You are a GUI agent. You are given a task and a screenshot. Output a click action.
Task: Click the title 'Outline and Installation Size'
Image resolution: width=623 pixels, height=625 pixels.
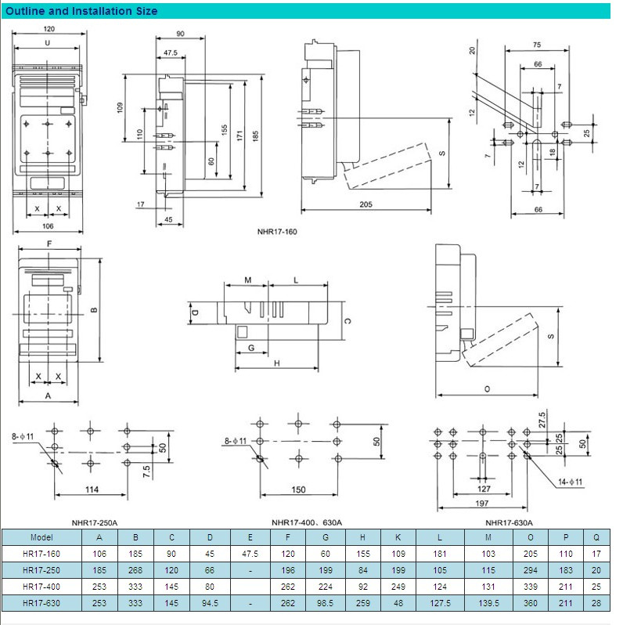(81, 11)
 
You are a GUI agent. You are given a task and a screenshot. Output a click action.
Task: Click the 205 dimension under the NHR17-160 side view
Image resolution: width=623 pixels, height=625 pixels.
(366, 204)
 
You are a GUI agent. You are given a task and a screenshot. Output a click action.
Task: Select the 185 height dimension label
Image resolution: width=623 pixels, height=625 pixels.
(255, 136)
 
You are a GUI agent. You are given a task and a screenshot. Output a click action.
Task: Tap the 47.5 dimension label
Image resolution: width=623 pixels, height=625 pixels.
(171, 52)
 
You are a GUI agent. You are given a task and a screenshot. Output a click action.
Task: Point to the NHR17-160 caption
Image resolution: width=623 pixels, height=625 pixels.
(277, 232)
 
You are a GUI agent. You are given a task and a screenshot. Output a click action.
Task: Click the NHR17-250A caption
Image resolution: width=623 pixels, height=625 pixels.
(95, 522)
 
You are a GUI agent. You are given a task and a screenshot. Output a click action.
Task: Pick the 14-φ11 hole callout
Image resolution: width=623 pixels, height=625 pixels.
(570, 482)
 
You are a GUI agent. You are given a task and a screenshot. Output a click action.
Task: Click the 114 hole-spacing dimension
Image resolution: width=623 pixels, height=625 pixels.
(92, 490)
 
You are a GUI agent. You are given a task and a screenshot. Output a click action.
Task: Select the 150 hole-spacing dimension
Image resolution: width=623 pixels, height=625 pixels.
(298, 490)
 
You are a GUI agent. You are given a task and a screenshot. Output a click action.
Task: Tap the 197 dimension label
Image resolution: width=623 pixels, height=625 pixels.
(482, 503)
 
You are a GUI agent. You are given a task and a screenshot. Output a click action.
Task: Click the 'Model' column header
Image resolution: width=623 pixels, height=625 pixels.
(41, 537)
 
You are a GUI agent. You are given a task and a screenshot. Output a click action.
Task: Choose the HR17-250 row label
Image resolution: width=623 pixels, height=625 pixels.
(41, 570)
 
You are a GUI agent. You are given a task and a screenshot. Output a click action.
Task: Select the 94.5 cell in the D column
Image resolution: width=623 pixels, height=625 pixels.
(210, 603)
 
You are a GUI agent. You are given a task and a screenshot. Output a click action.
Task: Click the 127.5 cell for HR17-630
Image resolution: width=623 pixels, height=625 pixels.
(440, 603)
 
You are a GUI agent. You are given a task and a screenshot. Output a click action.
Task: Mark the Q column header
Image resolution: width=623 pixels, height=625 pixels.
(596, 537)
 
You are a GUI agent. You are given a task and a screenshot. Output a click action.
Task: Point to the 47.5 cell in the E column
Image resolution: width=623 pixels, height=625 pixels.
(250, 554)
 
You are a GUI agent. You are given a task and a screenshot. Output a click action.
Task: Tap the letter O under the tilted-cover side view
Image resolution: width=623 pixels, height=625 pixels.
(487, 389)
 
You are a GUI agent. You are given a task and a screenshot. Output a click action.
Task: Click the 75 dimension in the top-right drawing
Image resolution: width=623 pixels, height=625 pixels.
(537, 45)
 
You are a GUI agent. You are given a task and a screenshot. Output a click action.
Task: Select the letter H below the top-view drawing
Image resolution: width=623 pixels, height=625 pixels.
(277, 363)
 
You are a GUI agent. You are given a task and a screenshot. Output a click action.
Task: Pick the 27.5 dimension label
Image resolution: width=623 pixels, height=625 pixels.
(542, 420)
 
